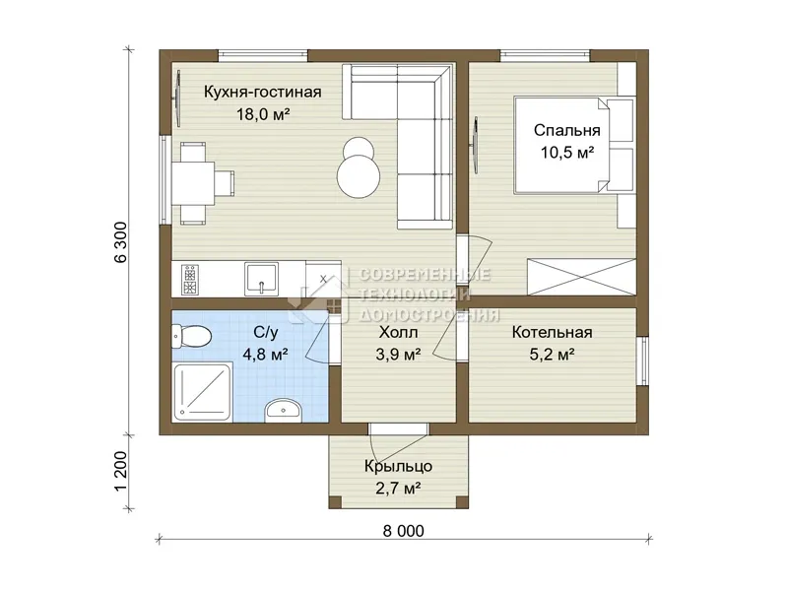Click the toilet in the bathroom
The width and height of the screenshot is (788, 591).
191,336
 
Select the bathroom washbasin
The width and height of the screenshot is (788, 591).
283,409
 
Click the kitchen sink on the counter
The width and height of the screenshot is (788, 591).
261,279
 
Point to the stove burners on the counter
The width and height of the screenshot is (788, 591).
190,280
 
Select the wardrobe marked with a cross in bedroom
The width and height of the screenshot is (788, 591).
581,277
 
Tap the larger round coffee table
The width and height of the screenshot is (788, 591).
359,176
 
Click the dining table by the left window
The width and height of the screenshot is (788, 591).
193,183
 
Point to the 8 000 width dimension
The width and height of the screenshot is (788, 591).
404,531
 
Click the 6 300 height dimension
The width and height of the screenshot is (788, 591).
122,242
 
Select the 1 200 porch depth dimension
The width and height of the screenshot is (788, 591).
122,471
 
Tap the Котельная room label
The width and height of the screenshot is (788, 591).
552,332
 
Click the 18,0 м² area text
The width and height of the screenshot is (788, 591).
263,114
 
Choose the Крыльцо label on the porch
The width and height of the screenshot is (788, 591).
398,466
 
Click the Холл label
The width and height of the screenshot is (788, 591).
398,332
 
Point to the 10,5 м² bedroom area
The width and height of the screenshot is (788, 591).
567,153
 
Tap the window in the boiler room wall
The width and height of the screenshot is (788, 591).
642,361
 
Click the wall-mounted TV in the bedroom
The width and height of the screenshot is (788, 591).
475,145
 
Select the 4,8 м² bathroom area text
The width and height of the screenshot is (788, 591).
265,355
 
